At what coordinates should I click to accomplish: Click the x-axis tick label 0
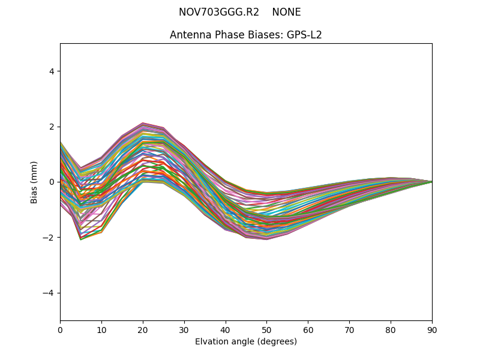pyautogui.click(x=60, y=329)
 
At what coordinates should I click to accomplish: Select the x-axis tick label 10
pyautogui.click(x=101, y=329)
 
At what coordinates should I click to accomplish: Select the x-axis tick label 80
pyautogui.click(x=391, y=329)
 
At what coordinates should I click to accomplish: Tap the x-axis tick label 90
pyautogui.click(x=432, y=329)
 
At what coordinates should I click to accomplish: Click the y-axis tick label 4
pyautogui.click(x=52, y=71)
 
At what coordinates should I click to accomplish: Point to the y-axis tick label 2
pyautogui.click(x=52, y=127)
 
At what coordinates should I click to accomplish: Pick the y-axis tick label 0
pyautogui.click(x=52, y=182)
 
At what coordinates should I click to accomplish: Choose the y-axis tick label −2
pyautogui.click(x=49, y=238)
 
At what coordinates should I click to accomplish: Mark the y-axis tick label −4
pyautogui.click(x=49, y=293)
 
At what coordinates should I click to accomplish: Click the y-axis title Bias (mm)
pyautogui.click(x=34, y=182)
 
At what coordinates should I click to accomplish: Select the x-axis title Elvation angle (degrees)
pyautogui.click(x=246, y=341)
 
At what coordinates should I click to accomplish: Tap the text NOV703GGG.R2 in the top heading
pyautogui.click(x=219, y=12)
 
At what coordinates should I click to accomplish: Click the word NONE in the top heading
pyautogui.click(x=286, y=12)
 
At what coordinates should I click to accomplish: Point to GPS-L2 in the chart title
pyautogui.click(x=304, y=35)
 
